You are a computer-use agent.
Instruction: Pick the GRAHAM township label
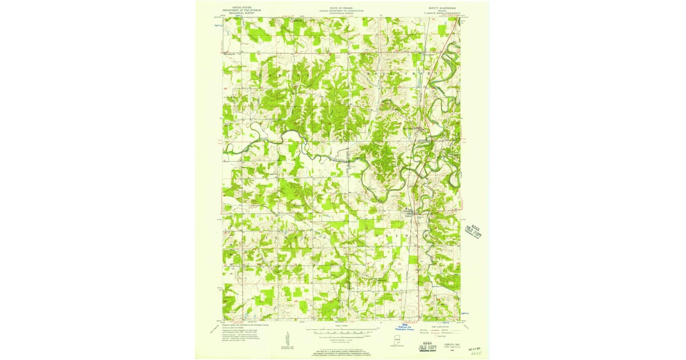[394, 235]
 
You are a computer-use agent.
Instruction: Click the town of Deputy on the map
[407, 212]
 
